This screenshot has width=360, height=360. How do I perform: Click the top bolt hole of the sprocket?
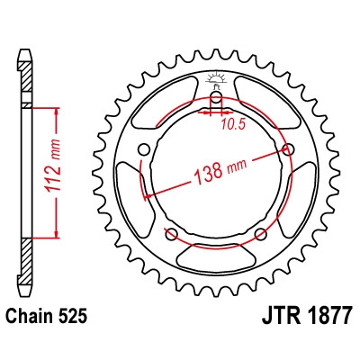point(216,100)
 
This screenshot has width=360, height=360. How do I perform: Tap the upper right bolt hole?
point(288,149)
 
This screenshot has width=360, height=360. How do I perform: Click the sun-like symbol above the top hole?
point(216,79)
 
